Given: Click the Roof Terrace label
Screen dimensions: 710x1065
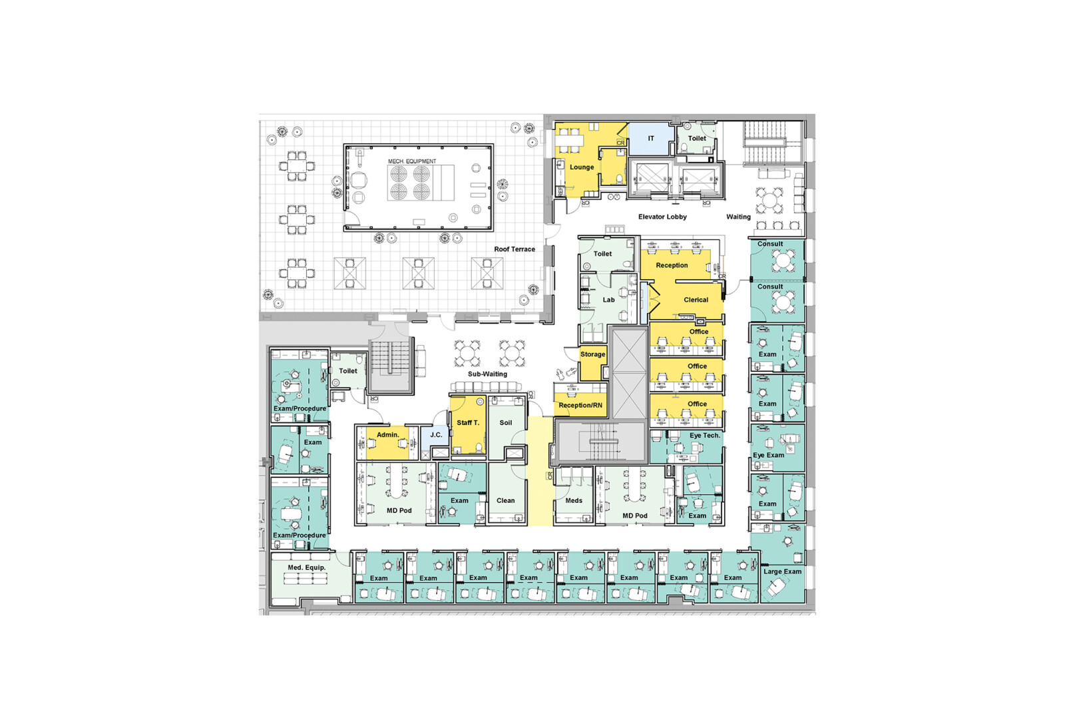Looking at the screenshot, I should (514, 249).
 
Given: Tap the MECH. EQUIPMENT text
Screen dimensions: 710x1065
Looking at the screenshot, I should (412, 161).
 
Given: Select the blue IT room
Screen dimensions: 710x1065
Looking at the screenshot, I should (650, 139).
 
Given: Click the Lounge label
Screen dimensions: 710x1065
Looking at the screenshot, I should (581, 167).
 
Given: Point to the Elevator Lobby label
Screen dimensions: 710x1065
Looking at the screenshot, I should (662, 216).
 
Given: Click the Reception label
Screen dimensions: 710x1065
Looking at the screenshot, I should (672, 265).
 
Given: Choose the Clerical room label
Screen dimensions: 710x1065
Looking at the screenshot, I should (696, 300).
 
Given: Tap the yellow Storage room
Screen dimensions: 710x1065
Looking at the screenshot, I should (592, 355).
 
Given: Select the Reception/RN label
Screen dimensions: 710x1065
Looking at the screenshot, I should (580, 405).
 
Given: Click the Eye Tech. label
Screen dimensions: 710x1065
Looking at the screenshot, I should (704, 436).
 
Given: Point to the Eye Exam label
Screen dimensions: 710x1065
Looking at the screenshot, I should (768, 456).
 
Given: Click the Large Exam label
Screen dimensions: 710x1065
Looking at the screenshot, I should (782, 571).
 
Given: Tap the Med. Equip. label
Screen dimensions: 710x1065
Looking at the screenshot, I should (306, 567).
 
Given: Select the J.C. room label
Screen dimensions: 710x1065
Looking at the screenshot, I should (436, 435).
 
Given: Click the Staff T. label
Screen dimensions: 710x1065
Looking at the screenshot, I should (467, 423).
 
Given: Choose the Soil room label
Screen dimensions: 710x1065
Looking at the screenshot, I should (506, 423).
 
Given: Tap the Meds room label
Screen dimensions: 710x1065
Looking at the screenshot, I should (573, 501).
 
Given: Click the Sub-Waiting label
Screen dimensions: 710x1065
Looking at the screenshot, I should (487, 374).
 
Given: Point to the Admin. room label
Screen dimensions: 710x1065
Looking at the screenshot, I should (387, 435).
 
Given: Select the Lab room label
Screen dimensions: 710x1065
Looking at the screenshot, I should (608, 300).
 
